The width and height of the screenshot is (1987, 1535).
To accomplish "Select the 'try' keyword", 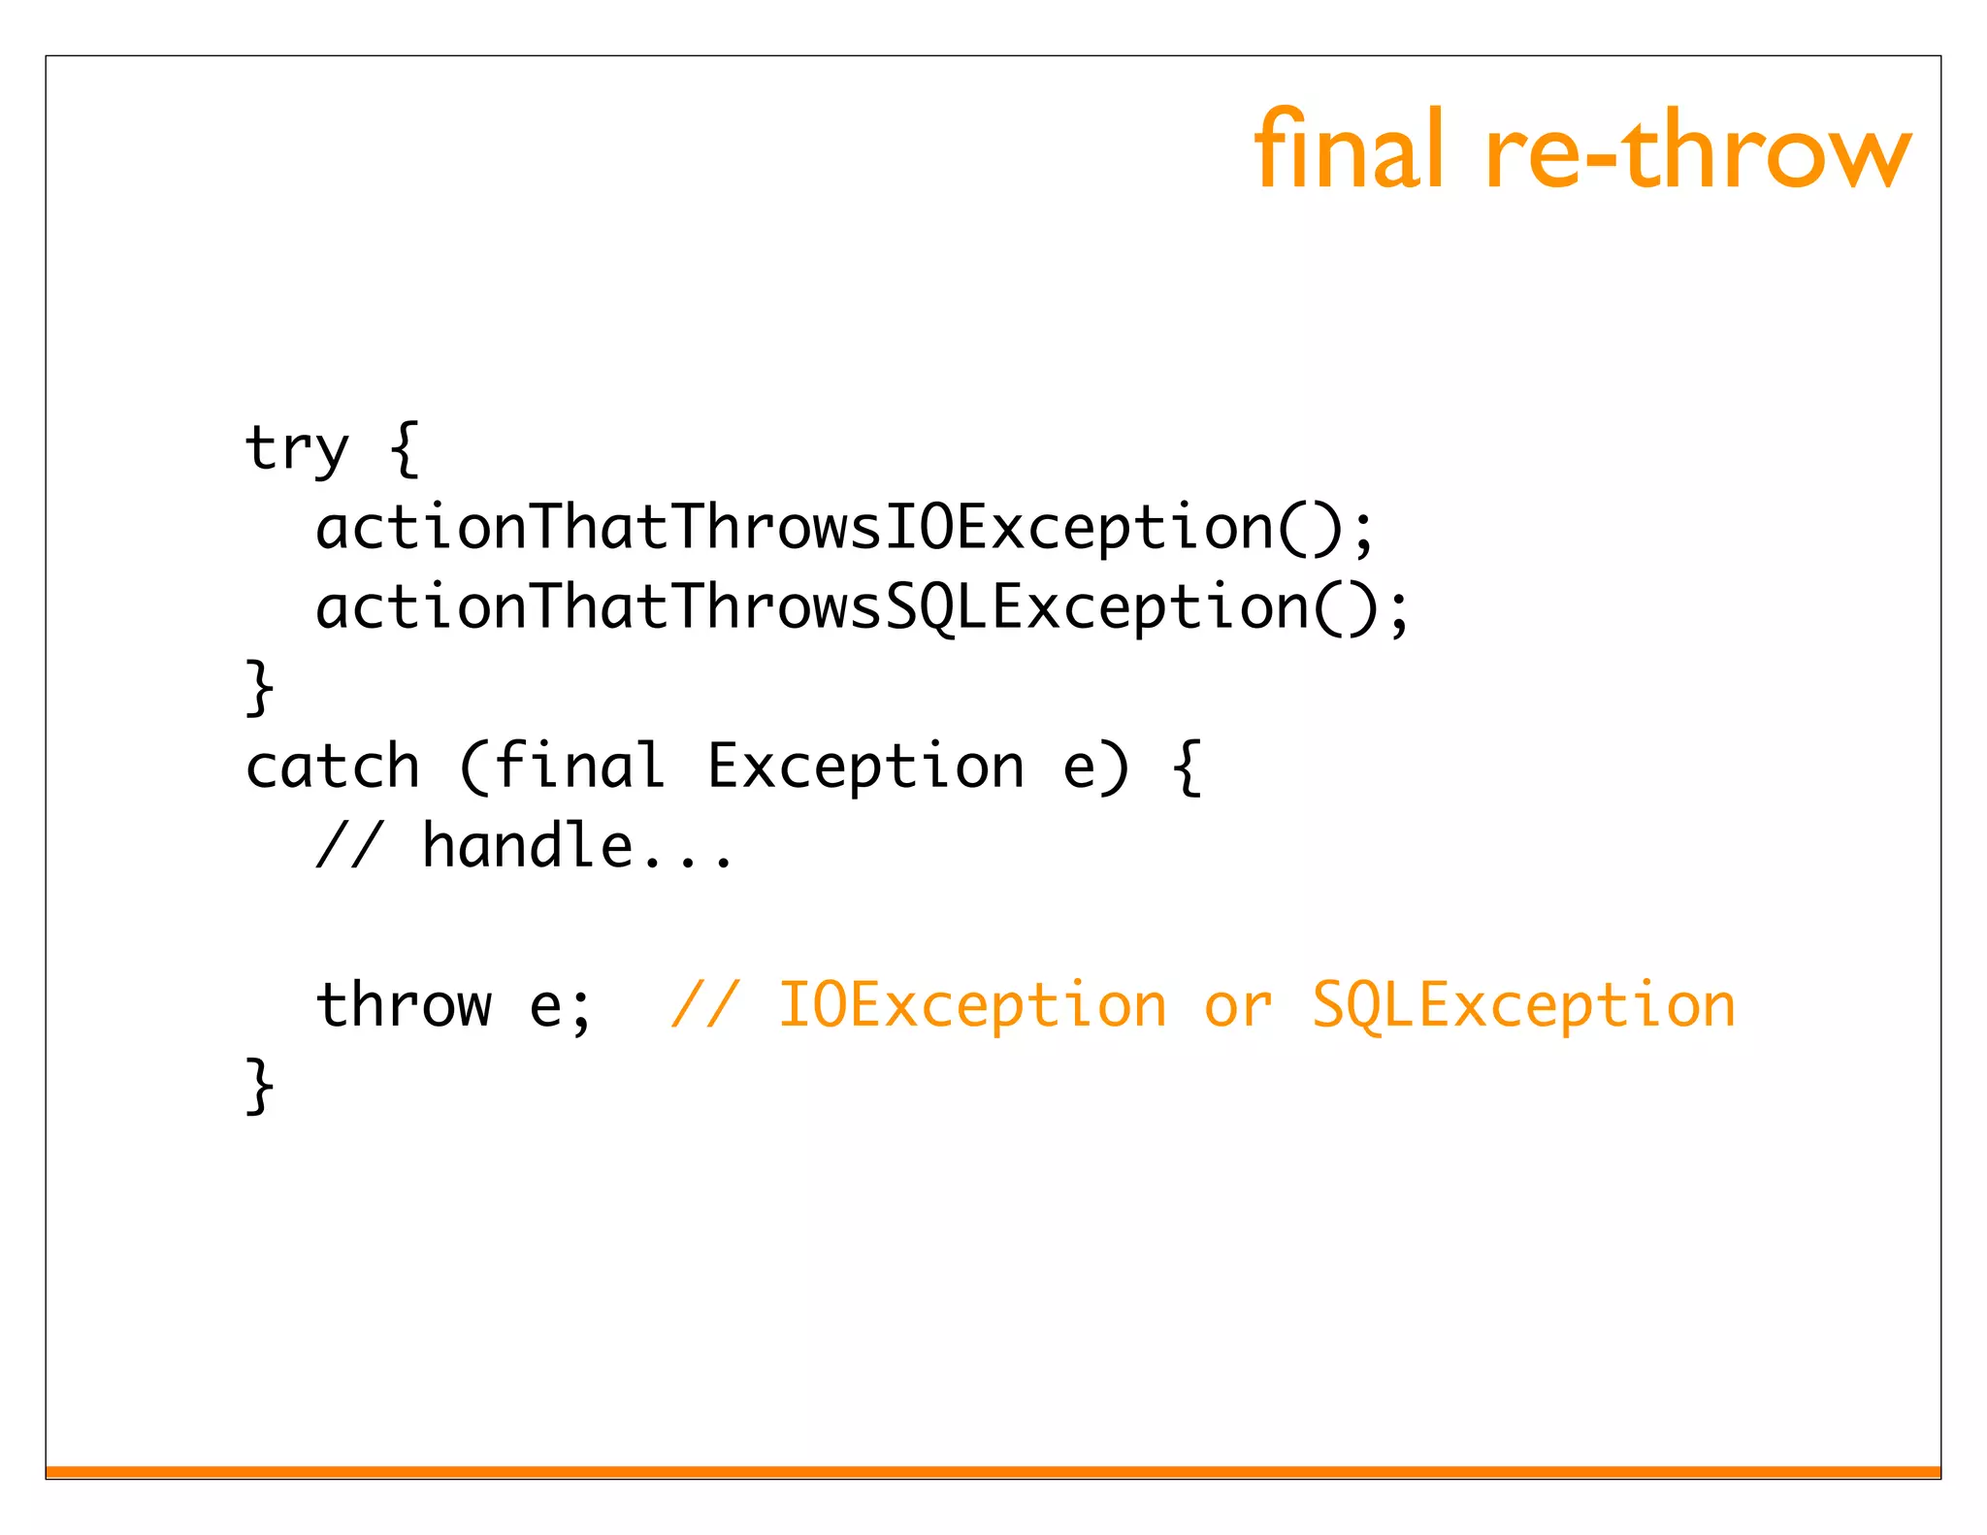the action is point(296,449).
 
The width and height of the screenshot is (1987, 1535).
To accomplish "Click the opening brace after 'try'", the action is point(405,449).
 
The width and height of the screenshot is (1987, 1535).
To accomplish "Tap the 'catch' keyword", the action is point(332,767).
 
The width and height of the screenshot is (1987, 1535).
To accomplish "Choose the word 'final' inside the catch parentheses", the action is point(578,766).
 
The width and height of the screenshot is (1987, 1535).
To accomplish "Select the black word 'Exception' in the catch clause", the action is point(864,767).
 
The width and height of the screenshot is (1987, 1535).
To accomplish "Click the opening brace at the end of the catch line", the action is point(1187,767).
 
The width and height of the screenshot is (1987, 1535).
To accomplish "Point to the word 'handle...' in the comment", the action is point(578,846).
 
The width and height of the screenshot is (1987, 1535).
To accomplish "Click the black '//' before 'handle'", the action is point(349,846).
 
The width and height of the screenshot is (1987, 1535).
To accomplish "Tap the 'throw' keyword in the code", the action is point(404,1004).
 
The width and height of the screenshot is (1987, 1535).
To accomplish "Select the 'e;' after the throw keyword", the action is point(561,1006).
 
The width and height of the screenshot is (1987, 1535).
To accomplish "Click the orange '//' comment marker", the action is point(705,1004).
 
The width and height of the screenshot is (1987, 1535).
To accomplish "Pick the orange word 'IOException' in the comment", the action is point(972,1006).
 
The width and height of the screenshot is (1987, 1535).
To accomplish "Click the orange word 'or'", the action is point(1238,1006).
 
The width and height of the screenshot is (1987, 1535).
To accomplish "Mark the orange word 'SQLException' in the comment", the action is point(1523,1006).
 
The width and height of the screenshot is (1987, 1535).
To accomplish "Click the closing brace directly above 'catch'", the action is point(260,687).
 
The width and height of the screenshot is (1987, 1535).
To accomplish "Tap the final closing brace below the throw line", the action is point(260,1086).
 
